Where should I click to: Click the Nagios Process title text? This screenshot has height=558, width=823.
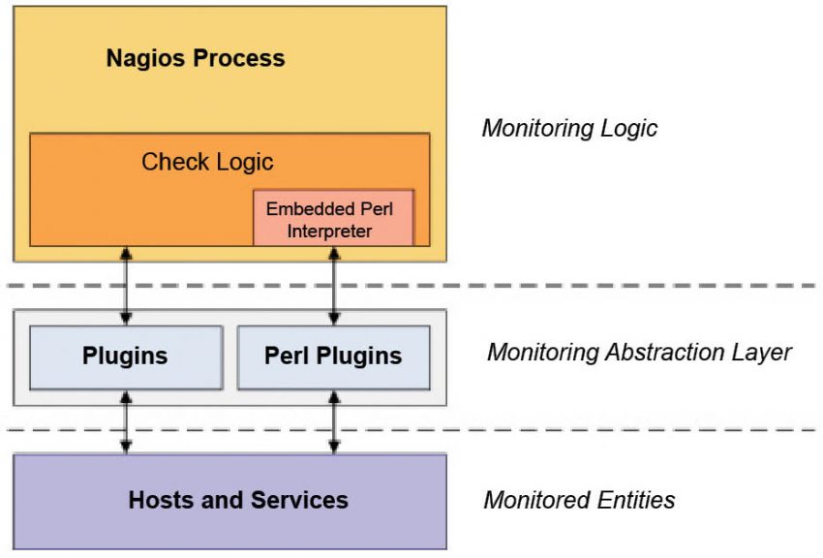click(196, 58)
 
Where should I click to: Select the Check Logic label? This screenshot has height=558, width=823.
click(207, 162)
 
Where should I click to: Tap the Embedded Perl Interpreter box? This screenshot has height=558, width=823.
click(333, 219)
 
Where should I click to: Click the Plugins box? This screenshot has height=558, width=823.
click(125, 356)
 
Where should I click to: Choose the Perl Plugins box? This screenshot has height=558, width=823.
click(333, 356)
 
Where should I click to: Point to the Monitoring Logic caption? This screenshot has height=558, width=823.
click(569, 129)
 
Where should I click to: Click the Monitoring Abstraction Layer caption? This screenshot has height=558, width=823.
click(639, 352)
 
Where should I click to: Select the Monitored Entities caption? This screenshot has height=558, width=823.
click(579, 501)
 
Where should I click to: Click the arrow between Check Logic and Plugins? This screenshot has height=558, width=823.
click(126, 286)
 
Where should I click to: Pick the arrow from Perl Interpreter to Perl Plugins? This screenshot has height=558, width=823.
click(334, 286)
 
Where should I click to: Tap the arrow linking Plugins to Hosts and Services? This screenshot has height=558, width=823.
click(126, 422)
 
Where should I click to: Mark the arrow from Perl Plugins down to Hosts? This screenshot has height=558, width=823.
click(334, 422)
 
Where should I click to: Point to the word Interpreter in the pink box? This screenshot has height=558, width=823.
click(329, 232)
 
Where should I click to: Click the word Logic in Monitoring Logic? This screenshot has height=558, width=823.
click(628, 129)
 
